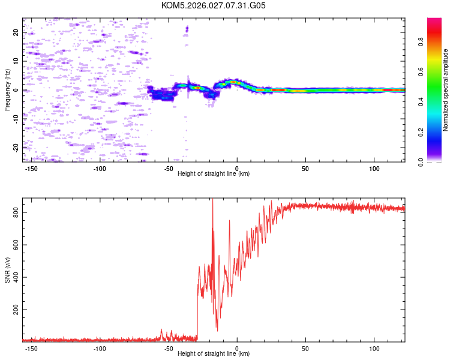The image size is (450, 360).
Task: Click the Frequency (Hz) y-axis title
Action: [7, 89]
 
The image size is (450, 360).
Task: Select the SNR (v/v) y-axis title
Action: [7, 270]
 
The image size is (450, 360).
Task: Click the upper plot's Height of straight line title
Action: [214, 173]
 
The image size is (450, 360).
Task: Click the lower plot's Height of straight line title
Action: [214, 353]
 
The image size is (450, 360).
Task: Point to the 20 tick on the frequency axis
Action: [16, 33]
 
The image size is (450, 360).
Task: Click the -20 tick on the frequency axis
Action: [16, 147]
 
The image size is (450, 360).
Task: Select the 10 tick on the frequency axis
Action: [16, 61]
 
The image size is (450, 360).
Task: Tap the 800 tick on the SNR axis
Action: [16, 212]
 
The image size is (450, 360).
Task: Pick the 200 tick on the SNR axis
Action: [16, 310]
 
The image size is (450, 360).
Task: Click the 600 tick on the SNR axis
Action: [16, 245]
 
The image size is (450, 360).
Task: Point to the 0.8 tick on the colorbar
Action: [437, 42]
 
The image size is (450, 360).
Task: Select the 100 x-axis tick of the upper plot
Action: [374, 167]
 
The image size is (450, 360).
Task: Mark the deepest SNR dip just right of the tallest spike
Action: [217, 329]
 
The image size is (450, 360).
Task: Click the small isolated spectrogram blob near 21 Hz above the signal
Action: [187, 29]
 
